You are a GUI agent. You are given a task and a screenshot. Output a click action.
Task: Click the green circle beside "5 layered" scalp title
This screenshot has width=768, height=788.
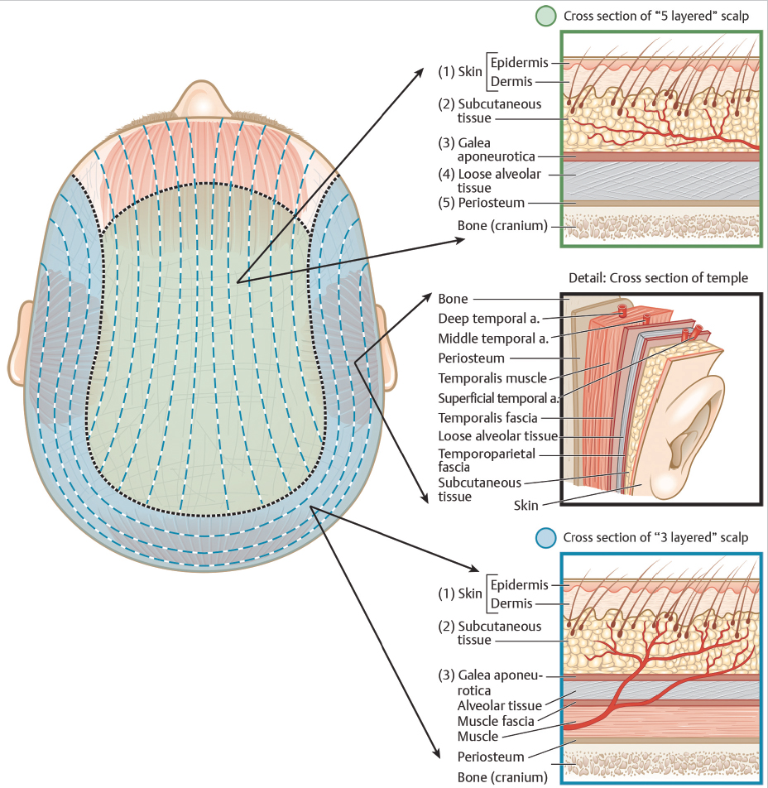click(x=545, y=16)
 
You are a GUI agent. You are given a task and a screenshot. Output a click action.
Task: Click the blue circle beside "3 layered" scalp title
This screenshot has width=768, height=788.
click(x=545, y=538)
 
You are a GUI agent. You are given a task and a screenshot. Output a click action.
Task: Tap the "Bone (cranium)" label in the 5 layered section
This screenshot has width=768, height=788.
click(x=502, y=225)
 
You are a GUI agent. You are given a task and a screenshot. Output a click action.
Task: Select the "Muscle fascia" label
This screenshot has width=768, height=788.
click(x=496, y=721)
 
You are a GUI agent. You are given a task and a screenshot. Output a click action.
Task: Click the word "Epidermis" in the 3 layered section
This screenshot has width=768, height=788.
click(x=519, y=585)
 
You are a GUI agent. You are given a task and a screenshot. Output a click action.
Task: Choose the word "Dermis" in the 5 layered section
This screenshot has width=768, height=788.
click(x=511, y=81)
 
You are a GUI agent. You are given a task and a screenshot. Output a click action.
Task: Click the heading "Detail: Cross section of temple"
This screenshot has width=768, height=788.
click(x=658, y=278)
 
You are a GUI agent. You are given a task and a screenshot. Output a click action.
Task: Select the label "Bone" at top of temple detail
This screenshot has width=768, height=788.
click(x=453, y=299)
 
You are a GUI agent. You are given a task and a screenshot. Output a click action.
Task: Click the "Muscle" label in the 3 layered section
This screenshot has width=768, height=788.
click(x=478, y=737)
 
